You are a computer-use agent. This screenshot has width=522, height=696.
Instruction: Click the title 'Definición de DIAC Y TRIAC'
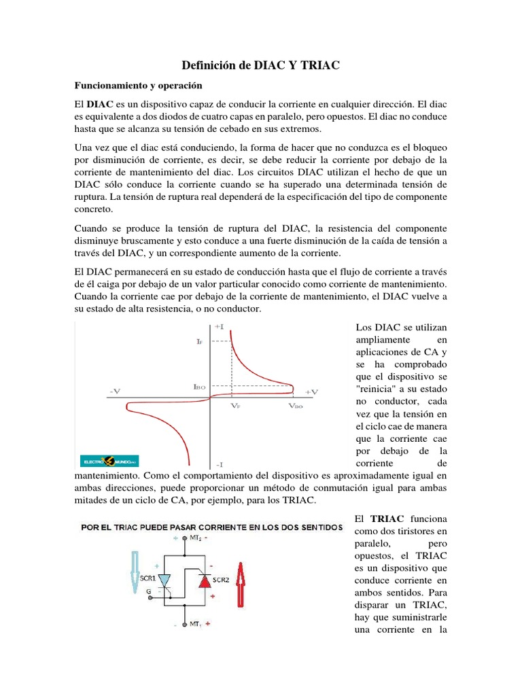(261, 65)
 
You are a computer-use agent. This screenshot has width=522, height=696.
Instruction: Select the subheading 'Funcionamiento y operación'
(139, 87)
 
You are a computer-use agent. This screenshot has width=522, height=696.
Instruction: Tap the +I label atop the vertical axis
(220, 327)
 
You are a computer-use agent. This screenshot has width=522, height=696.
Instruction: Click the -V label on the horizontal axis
(116, 391)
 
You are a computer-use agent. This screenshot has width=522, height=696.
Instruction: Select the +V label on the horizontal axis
(311, 391)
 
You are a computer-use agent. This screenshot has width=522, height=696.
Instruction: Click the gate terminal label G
(149, 591)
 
